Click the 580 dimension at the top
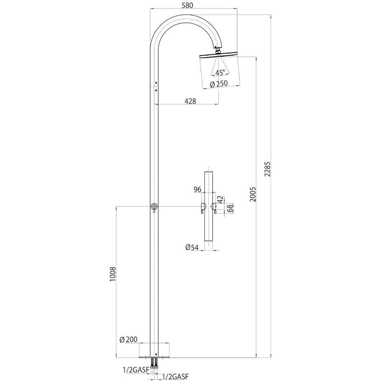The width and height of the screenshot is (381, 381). click(x=193, y=5)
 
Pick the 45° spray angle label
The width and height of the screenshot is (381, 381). click(x=220, y=73)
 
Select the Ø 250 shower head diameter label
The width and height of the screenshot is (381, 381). click(x=218, y=84)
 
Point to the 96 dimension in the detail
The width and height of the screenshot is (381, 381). click(x=198, y=189)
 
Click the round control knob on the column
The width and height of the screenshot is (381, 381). click(x=154, y=207)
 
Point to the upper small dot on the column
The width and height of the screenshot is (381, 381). click(x=156, y=83)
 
